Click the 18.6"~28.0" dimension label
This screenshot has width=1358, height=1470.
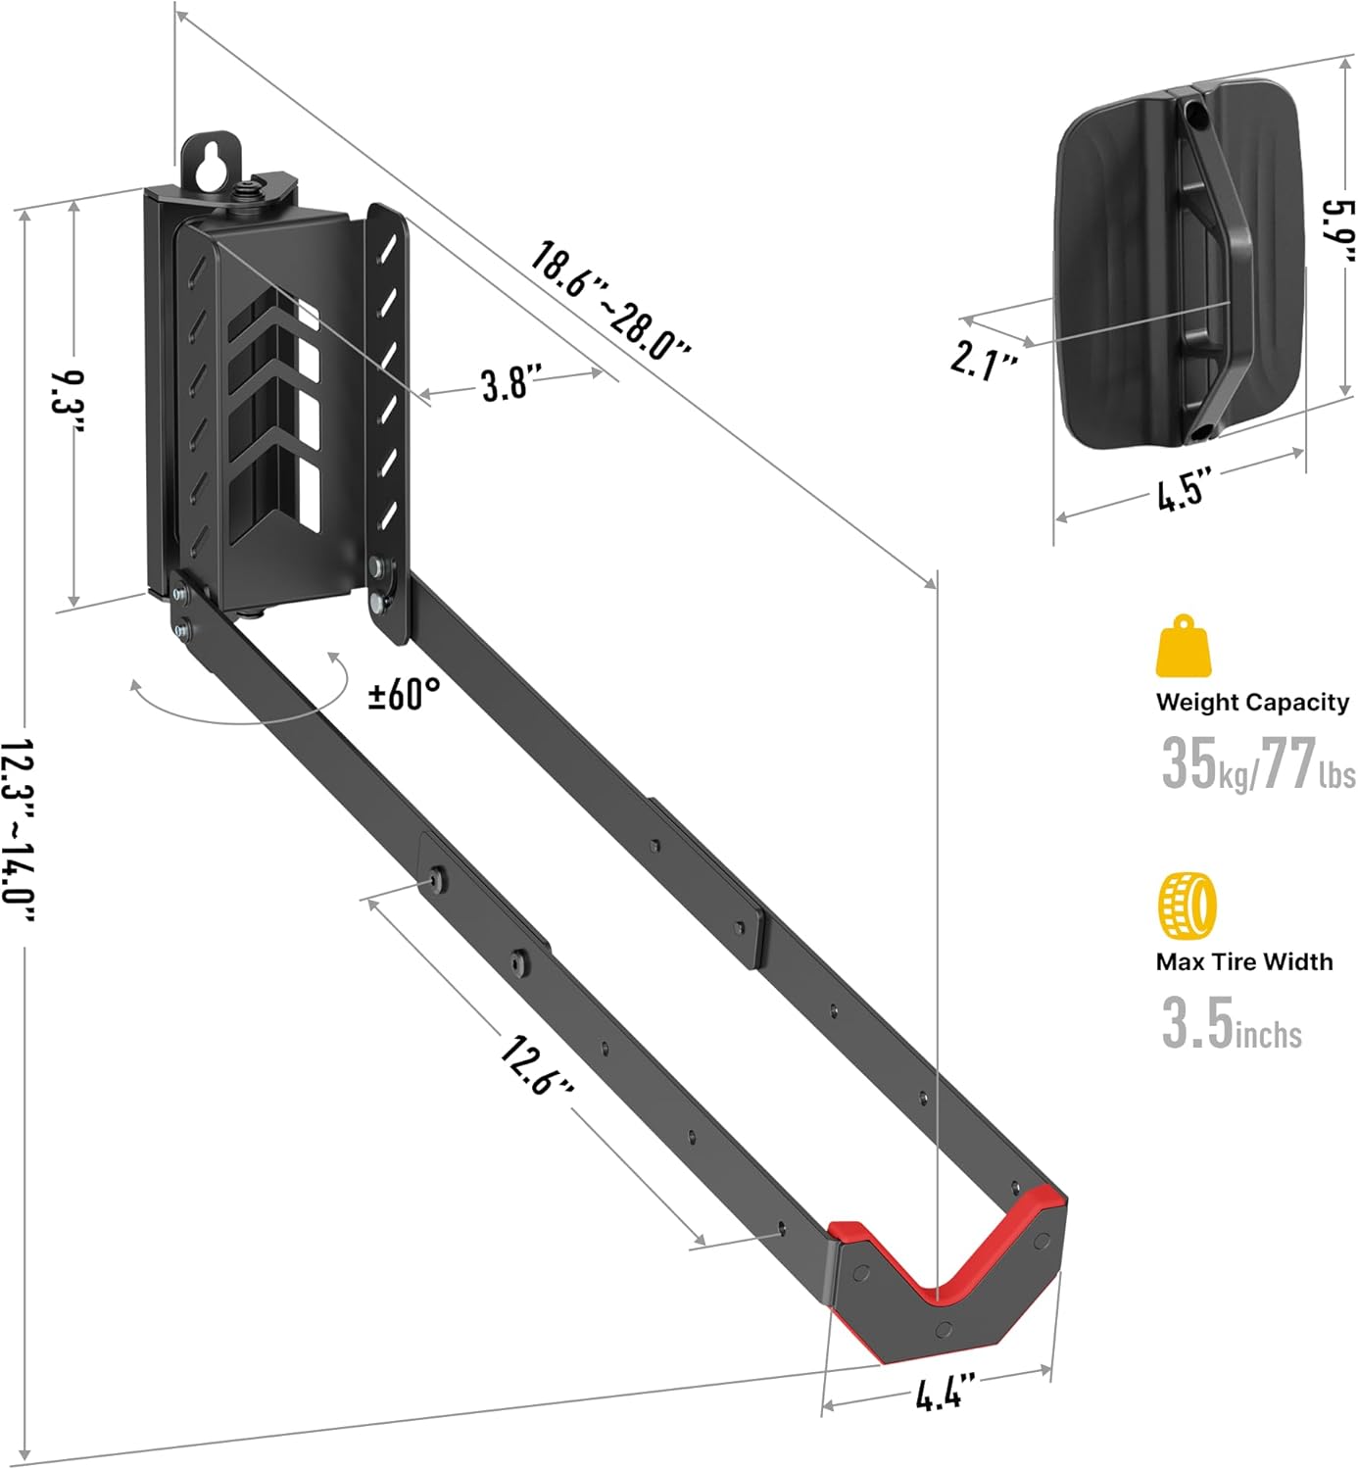(611, 301)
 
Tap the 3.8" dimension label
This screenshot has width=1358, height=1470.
(511, 383)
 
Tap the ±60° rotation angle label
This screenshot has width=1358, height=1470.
(404, 694)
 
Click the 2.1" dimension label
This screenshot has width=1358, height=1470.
(984, 360)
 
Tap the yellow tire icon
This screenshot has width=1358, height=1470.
(1187, 906)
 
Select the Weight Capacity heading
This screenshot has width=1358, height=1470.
(1252, 702)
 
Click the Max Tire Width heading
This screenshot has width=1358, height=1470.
(1243, 961)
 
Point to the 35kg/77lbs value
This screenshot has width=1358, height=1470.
(1257, 763)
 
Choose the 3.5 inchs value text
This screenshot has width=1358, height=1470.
(1232, 1024)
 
